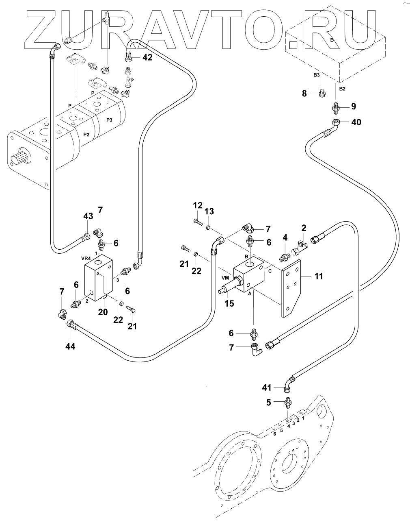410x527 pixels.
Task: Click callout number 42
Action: pyautogui.click(x=147, y=58)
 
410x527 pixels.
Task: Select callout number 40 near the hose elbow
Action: pyautogui.click(x=356, y=122)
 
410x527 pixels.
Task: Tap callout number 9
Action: pyautogui.click(x=354, y=107)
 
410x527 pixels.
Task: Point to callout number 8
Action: pyautogui.click(x=304, y=94)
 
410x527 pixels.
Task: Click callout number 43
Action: pyautogui.click(x=88, y=216)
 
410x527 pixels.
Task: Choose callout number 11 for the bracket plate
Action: pyautogui.click(x=319, y=277)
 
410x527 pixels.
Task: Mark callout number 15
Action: pyautogui.click(x=229, y=303)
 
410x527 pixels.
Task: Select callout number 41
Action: pyautogui.click(x=266, y=388)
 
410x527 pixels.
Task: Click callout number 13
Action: pyautogui.click(x=209, y=211)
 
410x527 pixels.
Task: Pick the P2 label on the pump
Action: pyautogui.click(x=86, y=135)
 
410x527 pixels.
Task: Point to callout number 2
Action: pyautogui.click(x=303, y=228)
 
